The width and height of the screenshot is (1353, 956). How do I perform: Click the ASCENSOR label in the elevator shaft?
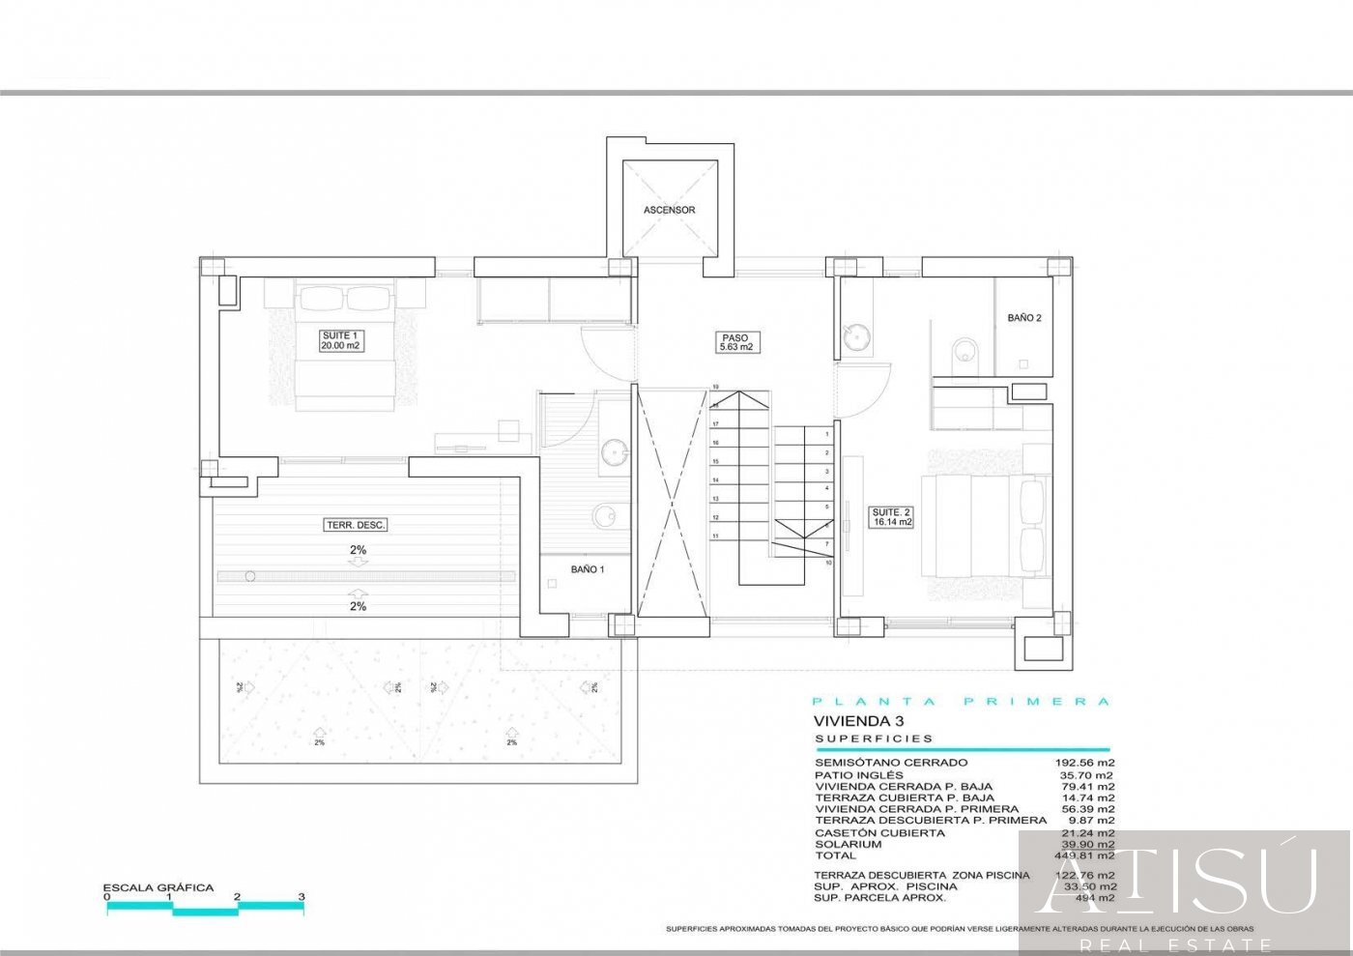[x=669, y=210]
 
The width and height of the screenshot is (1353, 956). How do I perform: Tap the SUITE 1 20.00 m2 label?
[x=341, y=340]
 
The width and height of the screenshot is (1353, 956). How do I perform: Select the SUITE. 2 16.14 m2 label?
[x=891, y=517]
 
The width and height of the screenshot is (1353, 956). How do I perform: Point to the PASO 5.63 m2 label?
[x=734, y=342]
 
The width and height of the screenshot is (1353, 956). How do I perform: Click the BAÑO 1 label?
[x=587, y=570]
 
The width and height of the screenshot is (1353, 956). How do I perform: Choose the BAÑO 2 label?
[x=1023, y=318]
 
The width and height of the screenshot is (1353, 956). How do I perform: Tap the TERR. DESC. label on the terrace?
[x=356, y=525]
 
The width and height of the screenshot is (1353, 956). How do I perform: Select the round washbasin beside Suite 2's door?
[x=855, y=335]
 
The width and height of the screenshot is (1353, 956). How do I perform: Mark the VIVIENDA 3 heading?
[x=846, y=721]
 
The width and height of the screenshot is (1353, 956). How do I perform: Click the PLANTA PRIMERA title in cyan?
[x=961, y=702]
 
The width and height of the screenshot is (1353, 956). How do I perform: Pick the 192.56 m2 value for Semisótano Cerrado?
[x=1084, y=763]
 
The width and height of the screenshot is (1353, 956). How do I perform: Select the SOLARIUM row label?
[x=848, y=844]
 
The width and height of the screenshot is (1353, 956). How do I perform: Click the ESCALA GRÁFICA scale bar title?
[x=158, y=887]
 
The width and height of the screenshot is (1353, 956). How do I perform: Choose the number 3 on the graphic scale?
[x=302, y=897]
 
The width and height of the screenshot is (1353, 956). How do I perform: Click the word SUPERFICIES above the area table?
[x=874, y=739]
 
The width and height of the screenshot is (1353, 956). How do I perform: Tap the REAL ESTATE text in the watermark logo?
[x=1175, y=944]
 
